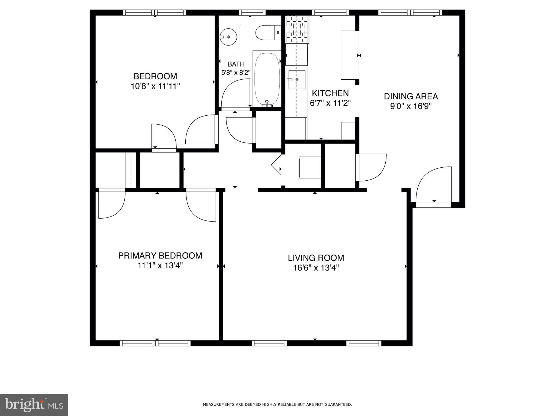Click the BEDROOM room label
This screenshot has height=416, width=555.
pyautogui.click(x=155, y=76)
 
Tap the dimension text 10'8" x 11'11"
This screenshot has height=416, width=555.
pyautogui.click(x=155, y=86)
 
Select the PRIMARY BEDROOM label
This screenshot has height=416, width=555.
pyautogui.click(x=160, y=256)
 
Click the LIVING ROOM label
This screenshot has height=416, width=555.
pyautogui.click(x=316, y=258)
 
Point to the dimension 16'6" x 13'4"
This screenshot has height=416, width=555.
pyautogui.click(x=316, y=268)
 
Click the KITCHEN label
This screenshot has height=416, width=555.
pyautogui.click(x=330, y=93)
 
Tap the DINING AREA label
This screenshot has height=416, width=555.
pyautogui.click(x=411, y=96)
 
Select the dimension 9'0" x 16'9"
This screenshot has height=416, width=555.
pyautogui.click(x=411, y=106)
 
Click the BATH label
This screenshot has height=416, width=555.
pyautogui.click(x=236, y=64)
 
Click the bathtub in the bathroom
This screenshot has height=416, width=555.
pyautogui.click(x=267, y=79)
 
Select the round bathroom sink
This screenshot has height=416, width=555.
pyautogui.click(x=228, y=37)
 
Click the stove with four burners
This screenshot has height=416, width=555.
pyautogui.click(x=297, y=30)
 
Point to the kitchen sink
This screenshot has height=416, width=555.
pyautogui.click(x=297, y=80)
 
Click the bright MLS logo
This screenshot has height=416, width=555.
pyautogui.click(x=34, y=405)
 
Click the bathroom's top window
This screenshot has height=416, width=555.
pyautogui.click(x=252, y=12)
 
